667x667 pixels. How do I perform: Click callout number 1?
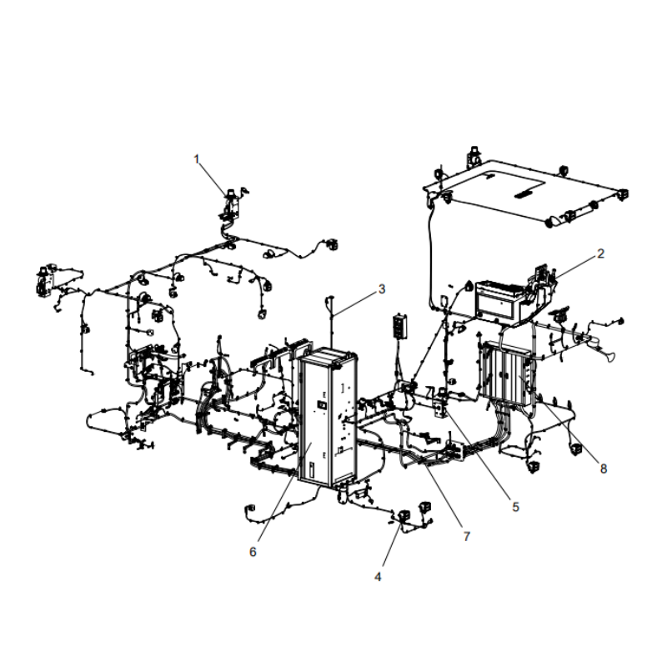pos(198,158)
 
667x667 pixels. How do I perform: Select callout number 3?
pos(381,289)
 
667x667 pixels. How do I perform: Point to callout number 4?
pos(379,576)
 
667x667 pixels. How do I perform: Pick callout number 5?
pos(514,506)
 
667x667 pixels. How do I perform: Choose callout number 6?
pos(253,551)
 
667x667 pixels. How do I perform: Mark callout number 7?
pos(465,536)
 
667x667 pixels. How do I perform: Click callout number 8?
pos(603,469)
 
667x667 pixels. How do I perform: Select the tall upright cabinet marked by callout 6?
pos(325,417)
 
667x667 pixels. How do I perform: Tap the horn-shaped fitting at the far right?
pos(609,359)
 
